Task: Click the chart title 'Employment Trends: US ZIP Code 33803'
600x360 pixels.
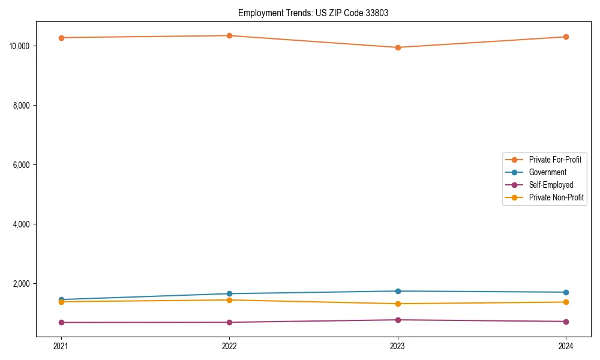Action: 313,13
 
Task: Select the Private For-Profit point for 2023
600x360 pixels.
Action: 398,47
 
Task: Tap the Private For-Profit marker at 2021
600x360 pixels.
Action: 61,38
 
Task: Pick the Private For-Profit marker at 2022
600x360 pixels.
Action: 229,35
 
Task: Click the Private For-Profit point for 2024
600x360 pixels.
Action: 566,37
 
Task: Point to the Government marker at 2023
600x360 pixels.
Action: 398,291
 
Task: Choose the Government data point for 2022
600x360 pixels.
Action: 229,294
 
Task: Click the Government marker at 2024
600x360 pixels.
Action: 566,292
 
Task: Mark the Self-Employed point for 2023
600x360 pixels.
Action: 398,320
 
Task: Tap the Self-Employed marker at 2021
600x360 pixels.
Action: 61,322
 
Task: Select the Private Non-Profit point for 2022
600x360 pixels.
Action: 229,300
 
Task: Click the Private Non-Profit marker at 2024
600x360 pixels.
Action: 566,302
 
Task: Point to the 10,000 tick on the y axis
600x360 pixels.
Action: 22,46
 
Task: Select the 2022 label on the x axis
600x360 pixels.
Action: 229,346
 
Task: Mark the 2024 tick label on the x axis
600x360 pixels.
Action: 566,346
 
